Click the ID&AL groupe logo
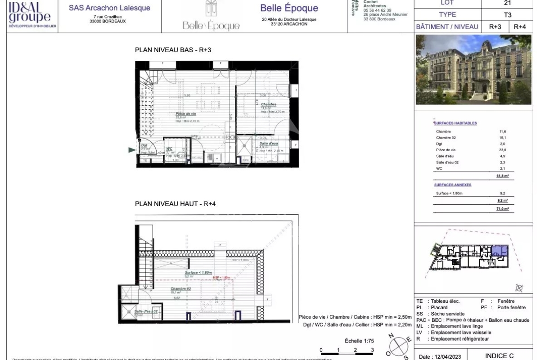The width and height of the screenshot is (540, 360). (x=29, y=16)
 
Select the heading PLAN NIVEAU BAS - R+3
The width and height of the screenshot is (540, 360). (x=173, y=50)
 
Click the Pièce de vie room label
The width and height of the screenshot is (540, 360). (x=185, y=114)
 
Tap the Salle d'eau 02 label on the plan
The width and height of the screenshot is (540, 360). (x=146, y=311)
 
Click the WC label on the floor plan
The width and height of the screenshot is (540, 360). (x=170, y=148)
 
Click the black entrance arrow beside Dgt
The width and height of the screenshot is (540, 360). (x=132, y=150)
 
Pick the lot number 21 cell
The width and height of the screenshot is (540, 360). (x=507, y=3)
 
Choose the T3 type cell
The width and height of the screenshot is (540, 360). (x=507, y=15)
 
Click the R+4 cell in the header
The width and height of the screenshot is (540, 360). (x=520, y=27)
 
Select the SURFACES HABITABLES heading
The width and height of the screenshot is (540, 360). (x=455, y=123)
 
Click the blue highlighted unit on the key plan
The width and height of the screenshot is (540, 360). (x=499, y=251)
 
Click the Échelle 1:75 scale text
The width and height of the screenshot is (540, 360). (x=359, y=341)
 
